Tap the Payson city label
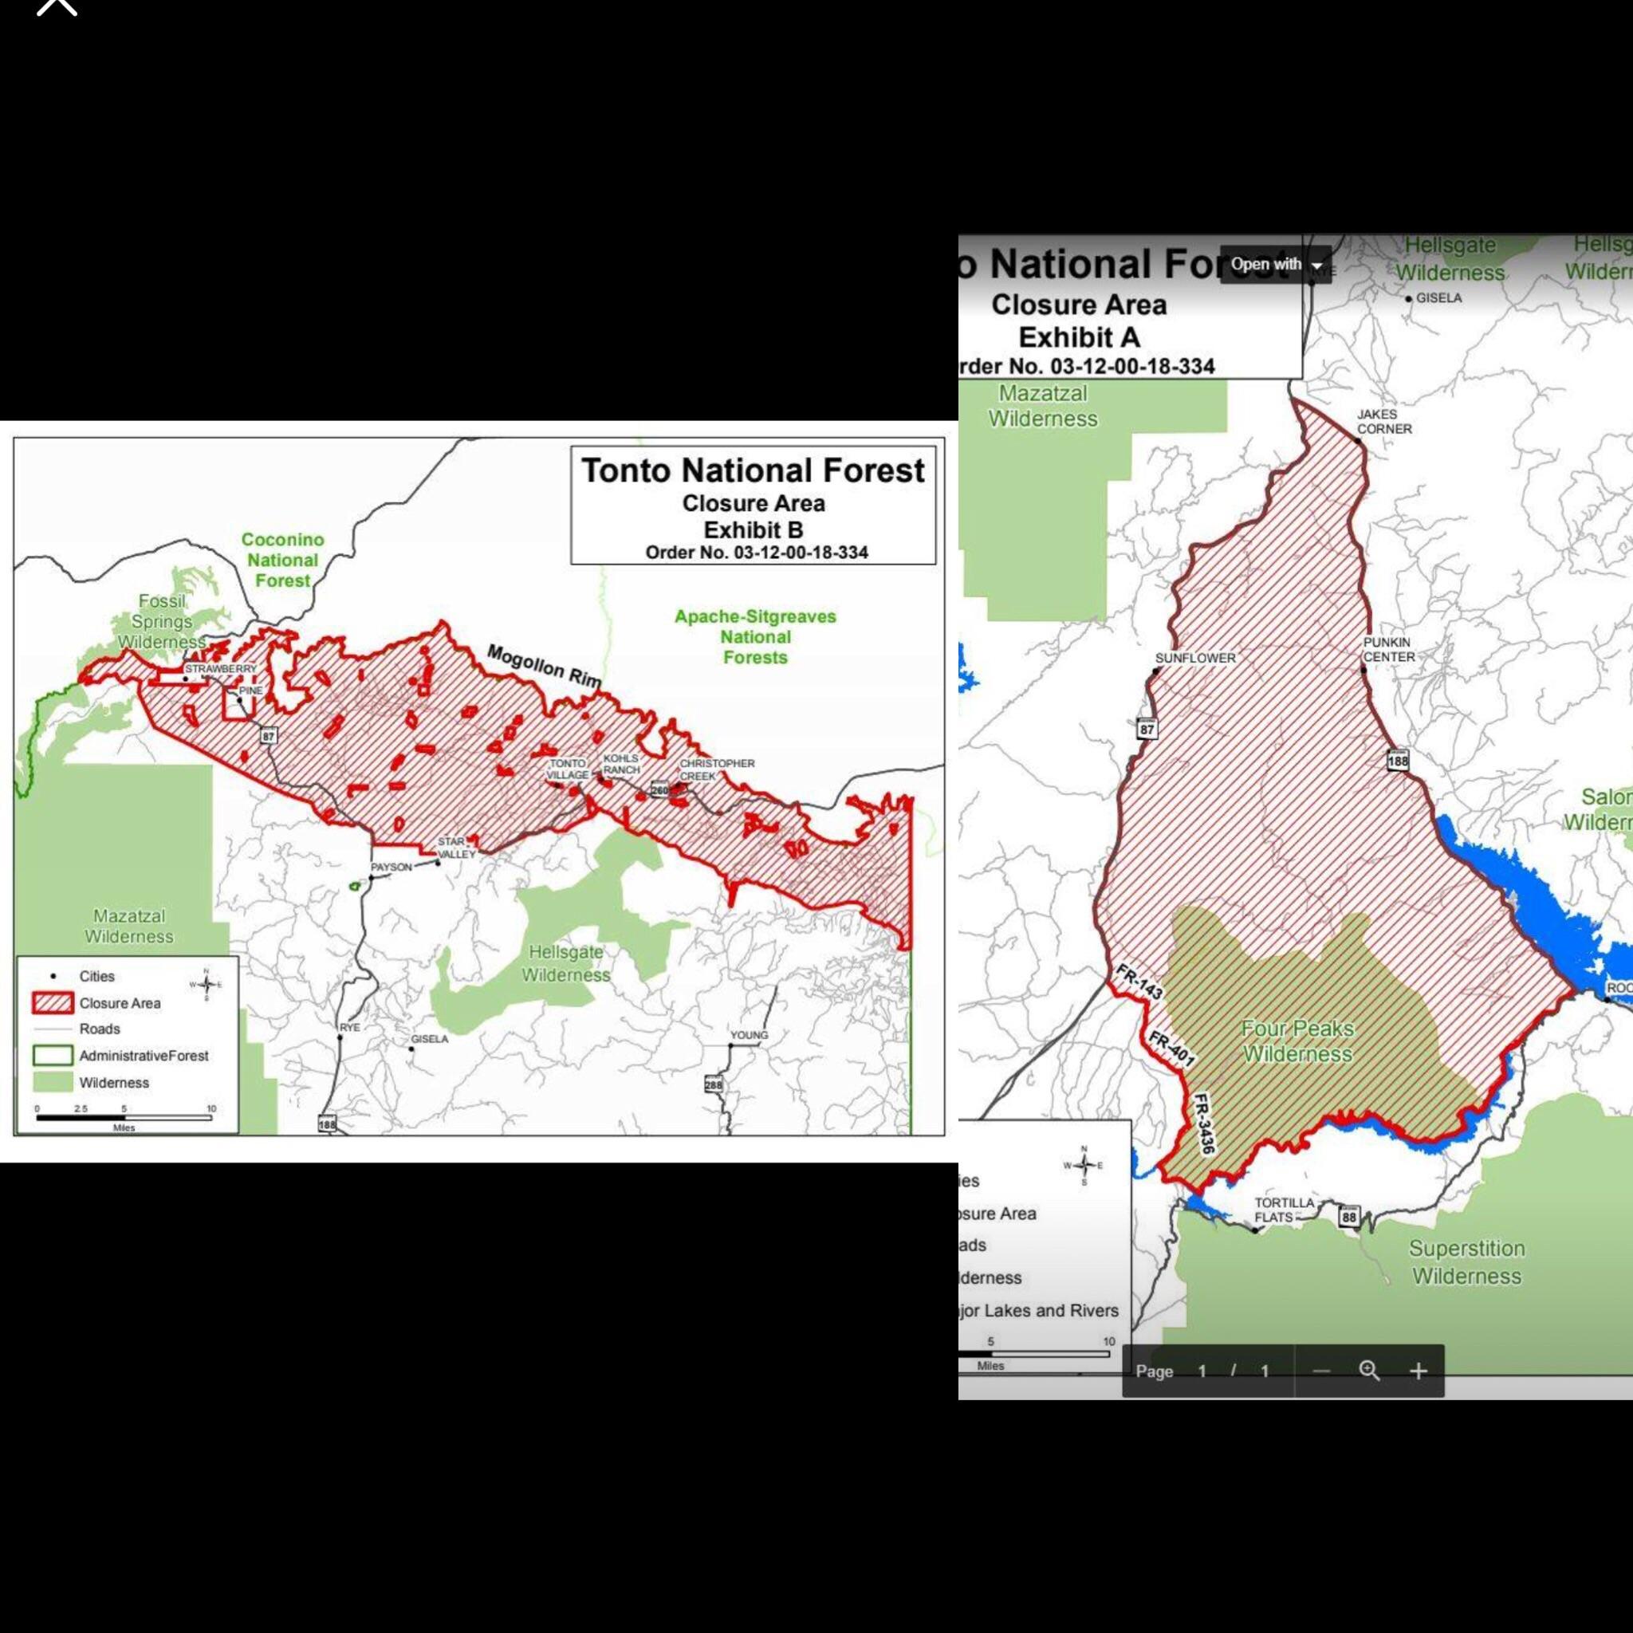pos(391,868)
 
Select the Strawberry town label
pos(221,668)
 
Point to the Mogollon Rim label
pos(545,666)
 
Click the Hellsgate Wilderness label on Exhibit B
pos(565,963)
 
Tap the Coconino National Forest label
pos(282,560)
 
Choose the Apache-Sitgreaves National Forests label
pos(755,636)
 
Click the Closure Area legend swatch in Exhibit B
pos(53,1003)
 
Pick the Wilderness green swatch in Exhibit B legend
pos(53,1083)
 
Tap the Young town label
pos(749,1034)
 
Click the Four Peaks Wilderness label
pos(1297,1041)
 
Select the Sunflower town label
pos(1195,658)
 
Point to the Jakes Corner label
pos(1383,421)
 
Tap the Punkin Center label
pos(1389,649)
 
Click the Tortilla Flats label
pos(1284,1210)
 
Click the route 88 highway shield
pos(1349,1217)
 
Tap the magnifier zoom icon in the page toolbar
pos(1369,1371)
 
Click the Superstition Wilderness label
pos(1466,1262)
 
